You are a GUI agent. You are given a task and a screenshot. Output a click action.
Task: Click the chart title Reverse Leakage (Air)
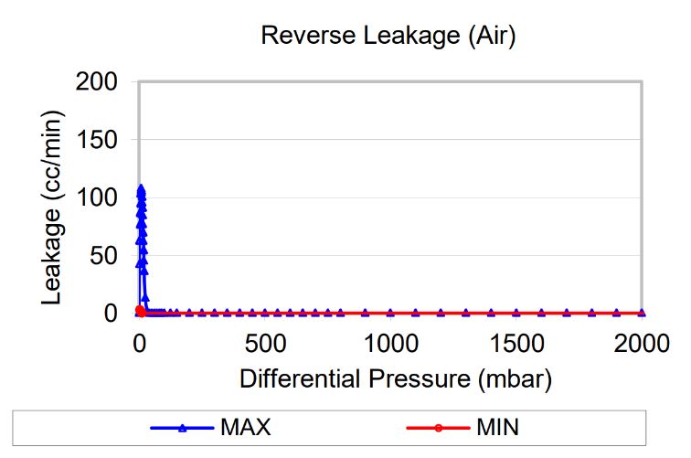click(x=389, y=36)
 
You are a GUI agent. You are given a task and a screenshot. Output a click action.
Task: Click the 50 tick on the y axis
click(x=106, y=256)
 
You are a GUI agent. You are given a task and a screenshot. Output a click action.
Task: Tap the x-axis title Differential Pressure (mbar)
click(x=397, y=378)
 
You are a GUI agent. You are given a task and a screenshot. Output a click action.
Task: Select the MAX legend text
click(x=245, y=427)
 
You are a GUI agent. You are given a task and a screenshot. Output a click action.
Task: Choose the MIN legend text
click(x=497, y=427)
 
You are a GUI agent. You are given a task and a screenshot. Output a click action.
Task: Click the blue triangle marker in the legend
click(x=182, y=427)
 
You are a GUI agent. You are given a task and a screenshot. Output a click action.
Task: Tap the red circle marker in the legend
click(x=440, y=427)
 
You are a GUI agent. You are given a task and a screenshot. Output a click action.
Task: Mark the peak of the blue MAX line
click(x=141, y=188)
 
